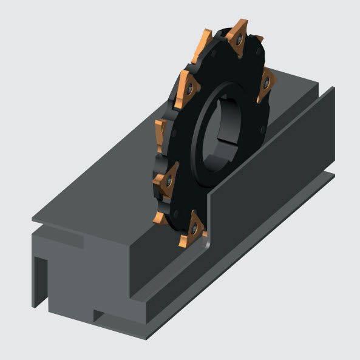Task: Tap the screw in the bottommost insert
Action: point(195,229)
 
